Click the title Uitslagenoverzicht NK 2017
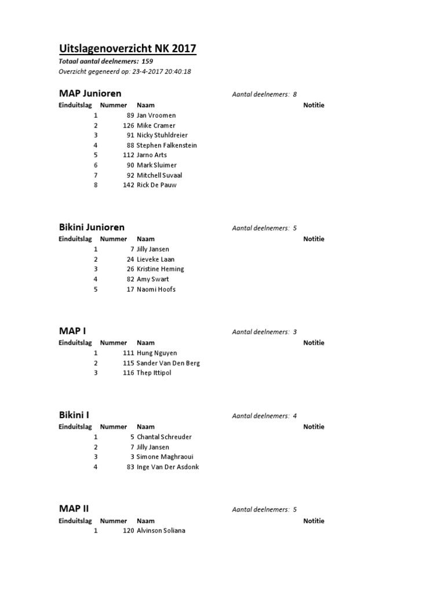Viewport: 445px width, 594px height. point(127,48)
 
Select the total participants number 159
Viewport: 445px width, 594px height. point(147,61)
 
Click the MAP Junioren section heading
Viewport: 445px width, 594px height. point(90,93)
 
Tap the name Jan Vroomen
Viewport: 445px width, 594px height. point(156,115)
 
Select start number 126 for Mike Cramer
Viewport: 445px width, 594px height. point(129,125)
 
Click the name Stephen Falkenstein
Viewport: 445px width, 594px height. point(166,145)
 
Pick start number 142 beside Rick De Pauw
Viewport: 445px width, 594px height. point(129,185)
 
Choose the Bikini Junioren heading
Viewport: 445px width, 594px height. point(92,227)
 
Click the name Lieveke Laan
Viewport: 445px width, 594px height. point(155,259)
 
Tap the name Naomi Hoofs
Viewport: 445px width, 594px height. point(156,289)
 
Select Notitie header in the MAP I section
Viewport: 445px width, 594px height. point(313,343)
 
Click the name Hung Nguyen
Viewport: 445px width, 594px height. point(156,353)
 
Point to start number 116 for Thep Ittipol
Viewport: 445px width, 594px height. point(129,372)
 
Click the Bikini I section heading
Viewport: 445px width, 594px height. point(74,415)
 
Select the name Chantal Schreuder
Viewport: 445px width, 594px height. point(164,437)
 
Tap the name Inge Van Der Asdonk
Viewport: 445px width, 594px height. point(167,466)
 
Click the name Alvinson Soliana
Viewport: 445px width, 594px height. point(161,531)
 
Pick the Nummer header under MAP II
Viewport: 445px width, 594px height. point(114,521)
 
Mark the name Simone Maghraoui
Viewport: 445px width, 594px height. point(164,457)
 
